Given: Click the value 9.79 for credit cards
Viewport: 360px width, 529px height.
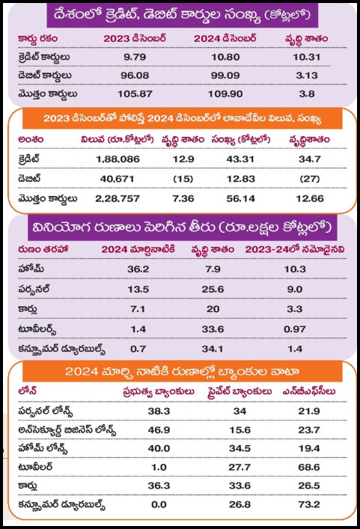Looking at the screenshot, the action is (x=135, y=57).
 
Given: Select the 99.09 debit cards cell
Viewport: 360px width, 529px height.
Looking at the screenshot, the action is (x=225, y=76).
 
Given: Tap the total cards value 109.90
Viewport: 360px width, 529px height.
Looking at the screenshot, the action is (x=225, y=94).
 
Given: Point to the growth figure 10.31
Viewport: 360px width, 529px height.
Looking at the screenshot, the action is (x=306, y=57).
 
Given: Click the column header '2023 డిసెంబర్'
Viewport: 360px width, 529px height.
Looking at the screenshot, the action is (x=135, y=38).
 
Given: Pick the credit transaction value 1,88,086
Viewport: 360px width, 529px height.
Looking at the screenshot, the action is (x=118, y=159).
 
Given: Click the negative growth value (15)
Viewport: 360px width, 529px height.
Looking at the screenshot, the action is (x=183, y=179).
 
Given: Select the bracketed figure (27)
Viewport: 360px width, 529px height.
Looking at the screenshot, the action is (x=309, y=179).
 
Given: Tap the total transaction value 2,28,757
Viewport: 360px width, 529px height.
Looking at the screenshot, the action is (x=118, y=199).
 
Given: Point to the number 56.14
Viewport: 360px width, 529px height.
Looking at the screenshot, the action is (x=240, y=199).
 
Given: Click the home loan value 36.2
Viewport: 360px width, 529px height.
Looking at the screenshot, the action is (x=138, y=269).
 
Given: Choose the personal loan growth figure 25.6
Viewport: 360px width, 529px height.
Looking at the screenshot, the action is (x=213, y=289).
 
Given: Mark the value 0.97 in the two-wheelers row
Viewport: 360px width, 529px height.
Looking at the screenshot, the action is (x=295, y=329).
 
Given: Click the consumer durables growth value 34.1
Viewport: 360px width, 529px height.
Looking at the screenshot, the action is (x=213, y=349).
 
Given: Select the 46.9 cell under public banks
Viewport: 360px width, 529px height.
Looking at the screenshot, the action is (x=159, y=429).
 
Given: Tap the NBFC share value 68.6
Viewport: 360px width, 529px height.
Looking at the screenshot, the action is (x=308, y=467).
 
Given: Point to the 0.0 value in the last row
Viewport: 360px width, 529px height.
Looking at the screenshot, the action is (x=159, y=504).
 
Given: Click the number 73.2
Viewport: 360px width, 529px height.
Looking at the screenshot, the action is (x=308, y=504).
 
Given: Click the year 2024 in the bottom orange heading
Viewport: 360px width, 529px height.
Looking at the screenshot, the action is (x=79, y=371).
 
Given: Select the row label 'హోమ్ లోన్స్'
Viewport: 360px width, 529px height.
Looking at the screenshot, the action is (x=43, y=449).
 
